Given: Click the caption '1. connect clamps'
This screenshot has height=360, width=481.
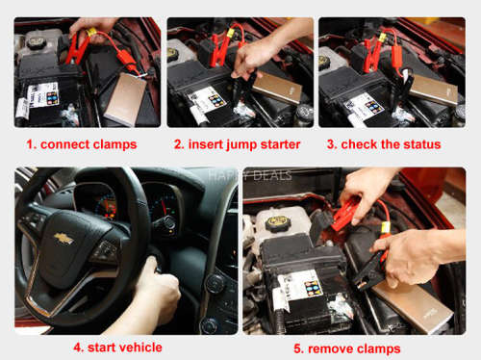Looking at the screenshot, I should click(81, 144).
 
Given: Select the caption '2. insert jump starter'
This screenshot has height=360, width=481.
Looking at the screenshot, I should click(237, 144).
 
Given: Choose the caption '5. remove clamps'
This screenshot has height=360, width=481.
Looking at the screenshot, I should click(349, 347).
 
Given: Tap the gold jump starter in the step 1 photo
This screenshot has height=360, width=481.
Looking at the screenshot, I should click(126, 96).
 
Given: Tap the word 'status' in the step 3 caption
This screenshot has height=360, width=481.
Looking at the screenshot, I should click(420, 144).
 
